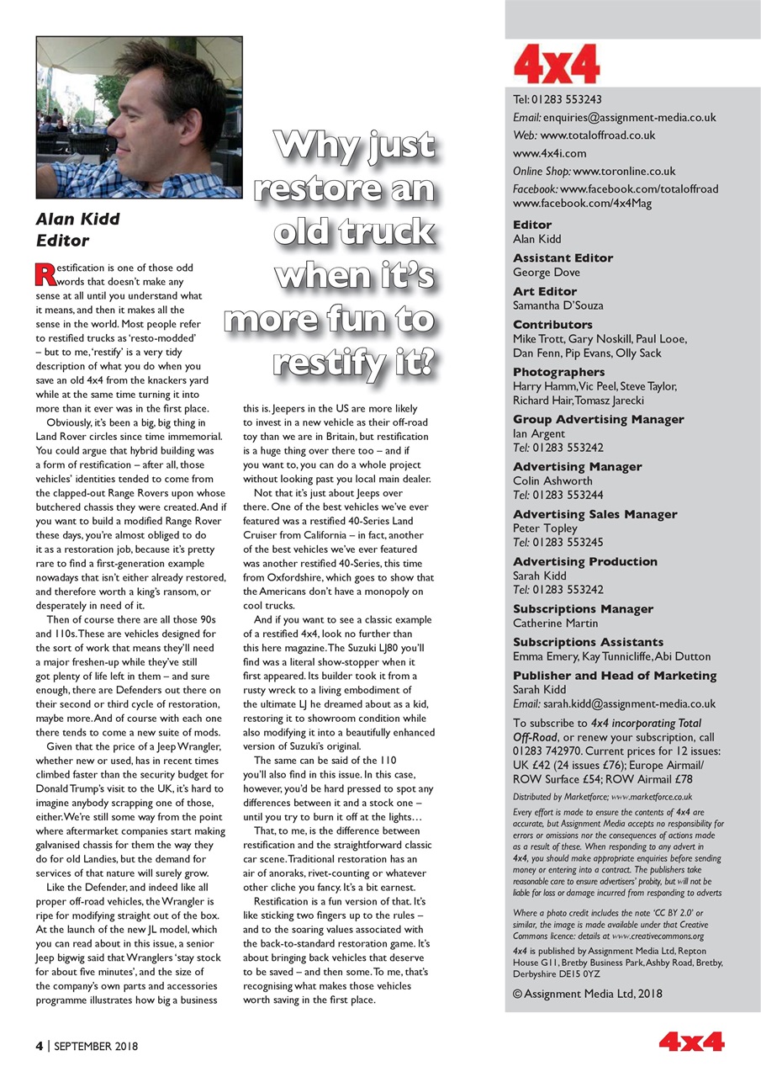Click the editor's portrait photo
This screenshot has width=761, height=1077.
(x=139, y=117)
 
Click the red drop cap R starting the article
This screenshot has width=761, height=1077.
(x=43, y=273)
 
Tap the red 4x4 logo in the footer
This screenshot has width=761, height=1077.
(x=691, y=1043)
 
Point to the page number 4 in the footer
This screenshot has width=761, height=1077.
(x=39, y=1046)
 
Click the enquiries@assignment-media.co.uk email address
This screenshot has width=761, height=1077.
(x=629, y=118)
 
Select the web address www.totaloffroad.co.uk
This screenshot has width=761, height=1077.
(x=598, y=135)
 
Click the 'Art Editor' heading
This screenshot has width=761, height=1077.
(x=545, y=291)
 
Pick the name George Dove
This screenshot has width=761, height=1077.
(x=546, y=273)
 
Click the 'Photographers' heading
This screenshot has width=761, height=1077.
(x=558, y=372)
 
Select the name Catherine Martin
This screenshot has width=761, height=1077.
(x=555, y=623)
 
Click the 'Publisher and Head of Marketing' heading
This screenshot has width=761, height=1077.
(x=615, y=676)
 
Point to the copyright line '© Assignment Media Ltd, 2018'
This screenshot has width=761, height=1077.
(x=587, y=993)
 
